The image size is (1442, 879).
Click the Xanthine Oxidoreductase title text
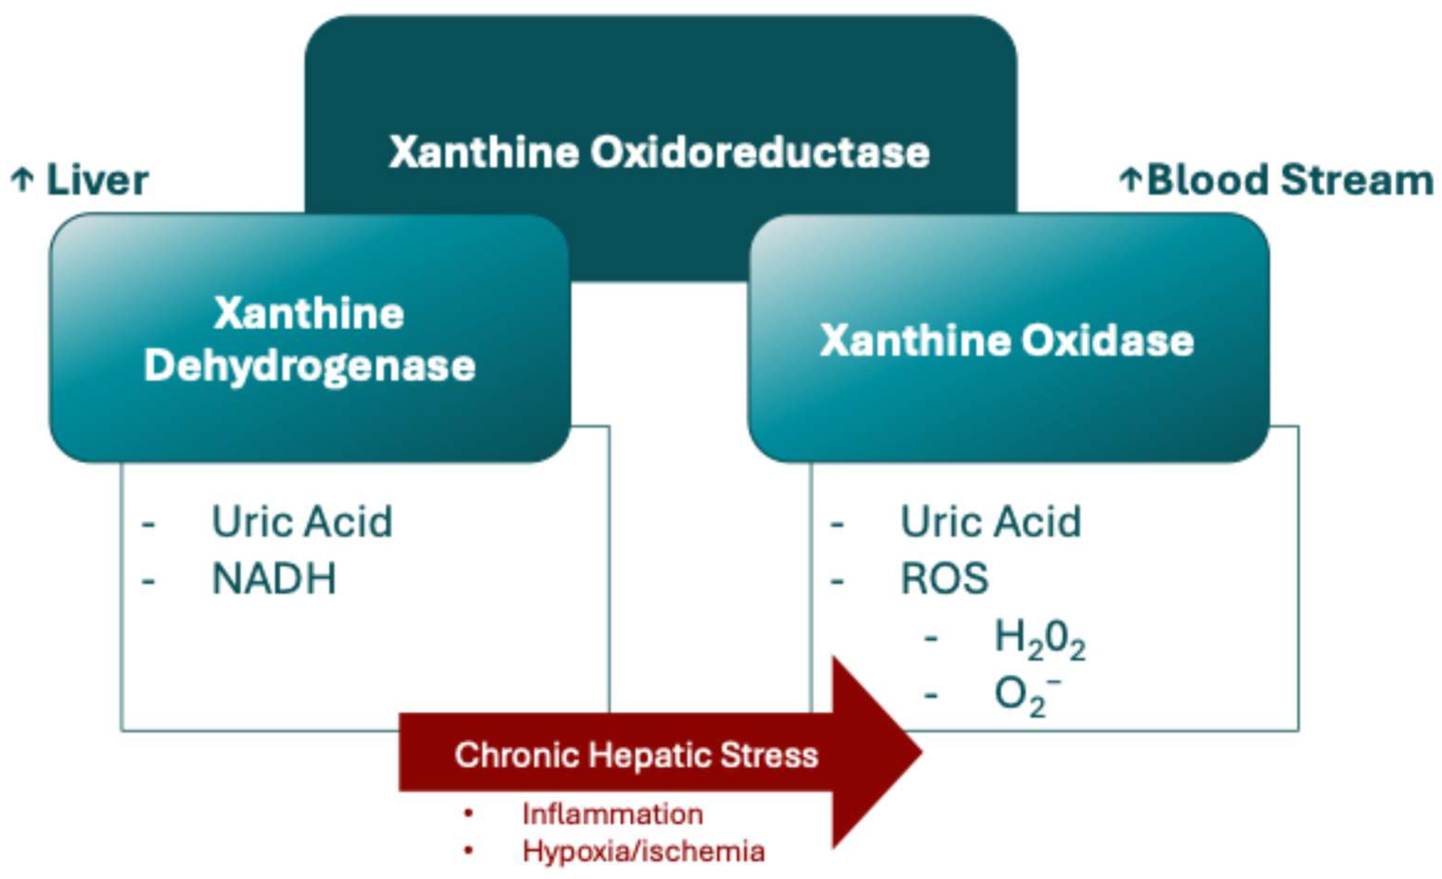(660, 152)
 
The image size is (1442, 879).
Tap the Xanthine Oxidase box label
(1006, 340)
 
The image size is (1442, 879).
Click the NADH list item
(274, 579)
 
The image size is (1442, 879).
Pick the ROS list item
(945, 579)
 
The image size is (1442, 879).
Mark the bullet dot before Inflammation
(468, 814)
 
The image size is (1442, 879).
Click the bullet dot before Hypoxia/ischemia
(468, 851)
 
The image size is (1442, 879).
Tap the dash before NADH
(149, 581)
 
